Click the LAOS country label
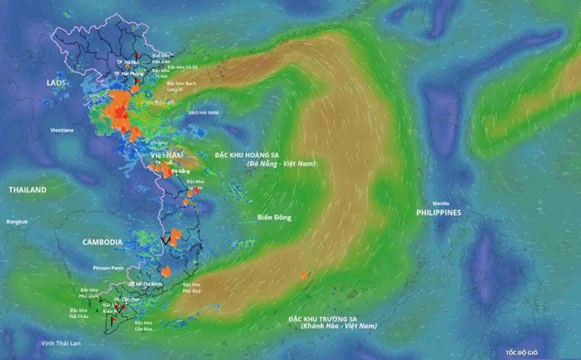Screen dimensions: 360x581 tap(56, 83)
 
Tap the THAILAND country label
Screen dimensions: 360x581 tap(28, 190)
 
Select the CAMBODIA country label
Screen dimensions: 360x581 tap(102, 242)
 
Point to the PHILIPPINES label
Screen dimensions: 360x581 tap(439, 213)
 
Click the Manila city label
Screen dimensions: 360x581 tap(439, 202)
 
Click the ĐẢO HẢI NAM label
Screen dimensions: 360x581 tap(203, 113)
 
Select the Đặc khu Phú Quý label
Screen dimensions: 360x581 tap(192, 287)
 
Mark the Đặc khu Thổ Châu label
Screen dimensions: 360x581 tap(69, 313)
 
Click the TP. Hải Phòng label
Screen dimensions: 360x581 tap(128, 73)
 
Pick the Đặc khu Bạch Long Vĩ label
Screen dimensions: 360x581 tap(181, 86)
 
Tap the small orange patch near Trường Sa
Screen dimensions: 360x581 tap(304, 275)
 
